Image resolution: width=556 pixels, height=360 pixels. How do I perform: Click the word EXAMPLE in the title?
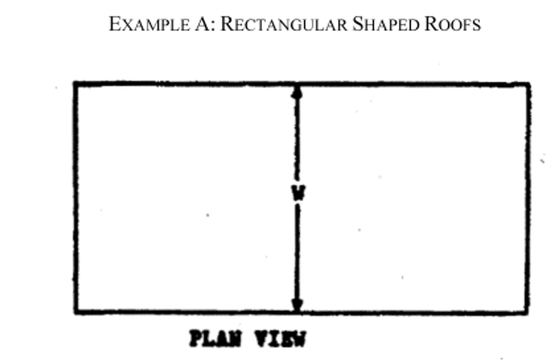pyautogui.click(x=149, y=24)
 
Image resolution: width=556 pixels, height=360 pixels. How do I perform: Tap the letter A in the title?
pyautogui.click(x=203, y=24)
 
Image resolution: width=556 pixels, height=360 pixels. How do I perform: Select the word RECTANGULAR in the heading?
pyautogui.click(x=284, y=24)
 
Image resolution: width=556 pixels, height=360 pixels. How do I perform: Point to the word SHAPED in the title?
pyautogui.click(x=386, y=24)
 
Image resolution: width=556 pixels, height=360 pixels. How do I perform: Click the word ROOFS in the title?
pyautogui.click(x=453, y=24)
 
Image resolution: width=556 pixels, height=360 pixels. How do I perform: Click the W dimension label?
pyautogui.click(x=298, y=193)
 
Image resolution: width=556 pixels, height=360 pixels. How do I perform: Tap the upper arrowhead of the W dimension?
pyautogui.click(x=297, y=92)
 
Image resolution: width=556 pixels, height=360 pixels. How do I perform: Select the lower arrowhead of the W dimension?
pyautogui.click(x=297, y=305)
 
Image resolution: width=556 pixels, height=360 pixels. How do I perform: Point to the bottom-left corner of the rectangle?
pyautogui.click(x=75, y=312)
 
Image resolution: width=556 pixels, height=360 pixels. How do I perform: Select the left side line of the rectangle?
pyautogui.click(x=75, y=198)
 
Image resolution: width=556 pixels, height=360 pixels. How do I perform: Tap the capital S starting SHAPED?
pyautogui.click(x=357, y=24)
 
